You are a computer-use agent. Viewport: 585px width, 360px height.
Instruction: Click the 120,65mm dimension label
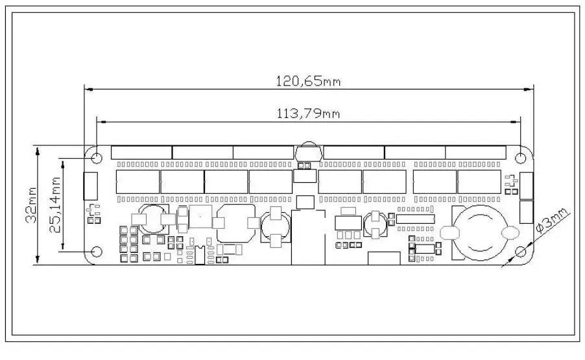click(x=308, y=81)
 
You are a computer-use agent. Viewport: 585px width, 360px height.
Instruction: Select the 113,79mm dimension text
click(x=308, y=113)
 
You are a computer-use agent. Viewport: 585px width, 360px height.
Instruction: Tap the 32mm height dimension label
click(x=31, y=205)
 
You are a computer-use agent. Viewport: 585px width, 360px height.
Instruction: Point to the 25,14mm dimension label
click(x=55, y=205)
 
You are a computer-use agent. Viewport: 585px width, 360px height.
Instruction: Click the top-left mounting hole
click(x=97, y=158)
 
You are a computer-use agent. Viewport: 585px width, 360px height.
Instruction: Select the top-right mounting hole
click(x=520, y=158)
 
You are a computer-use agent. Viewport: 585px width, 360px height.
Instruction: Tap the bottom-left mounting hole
click(x=97, y=252)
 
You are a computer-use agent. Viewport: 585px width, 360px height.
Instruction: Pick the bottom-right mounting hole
click(x=520, y=252)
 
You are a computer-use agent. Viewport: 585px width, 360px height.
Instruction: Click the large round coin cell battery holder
click(x=481, y=233)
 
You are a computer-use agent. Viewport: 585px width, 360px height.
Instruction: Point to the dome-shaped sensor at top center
click(x=309, y=152)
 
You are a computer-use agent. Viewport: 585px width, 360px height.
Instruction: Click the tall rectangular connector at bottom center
click(x=308, y=237)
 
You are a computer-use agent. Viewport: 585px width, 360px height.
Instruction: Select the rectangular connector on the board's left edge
click(x=90, y=186)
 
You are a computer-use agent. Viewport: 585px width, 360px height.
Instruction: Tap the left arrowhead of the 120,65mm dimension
click(x=88, y=89)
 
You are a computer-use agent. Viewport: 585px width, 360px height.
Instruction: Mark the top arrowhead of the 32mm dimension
click(x=38, y=150)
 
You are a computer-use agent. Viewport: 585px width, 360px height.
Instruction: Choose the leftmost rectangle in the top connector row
click(x=141, y=152)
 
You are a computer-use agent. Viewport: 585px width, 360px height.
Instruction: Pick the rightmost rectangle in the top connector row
click(x=475, y=152)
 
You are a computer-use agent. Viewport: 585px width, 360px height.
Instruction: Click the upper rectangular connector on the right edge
click(x=527, y=186)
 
